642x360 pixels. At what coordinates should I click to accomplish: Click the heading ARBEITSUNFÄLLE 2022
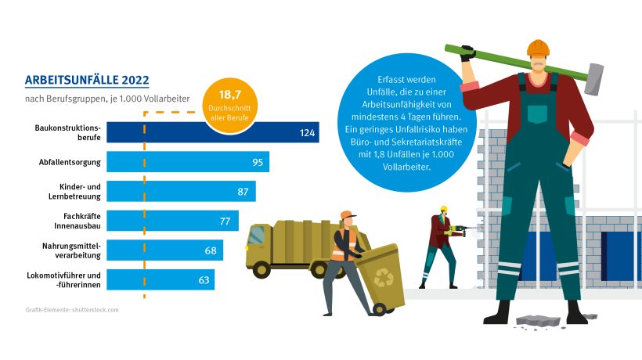coord(87,79)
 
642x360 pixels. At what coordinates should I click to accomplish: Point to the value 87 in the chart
coord(243,192)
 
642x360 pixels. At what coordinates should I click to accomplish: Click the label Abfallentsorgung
coord(69,162)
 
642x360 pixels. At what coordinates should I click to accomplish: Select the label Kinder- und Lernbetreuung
coord(81,191)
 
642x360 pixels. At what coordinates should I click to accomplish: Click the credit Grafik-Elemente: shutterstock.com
coord(71,310)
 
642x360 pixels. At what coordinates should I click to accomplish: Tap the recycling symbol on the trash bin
coord(385,277)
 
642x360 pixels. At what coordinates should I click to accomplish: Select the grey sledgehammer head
coord(598,81)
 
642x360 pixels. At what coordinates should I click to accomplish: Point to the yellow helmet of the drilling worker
coord(443,209)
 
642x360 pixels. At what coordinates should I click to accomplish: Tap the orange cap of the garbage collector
coord(348,214)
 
